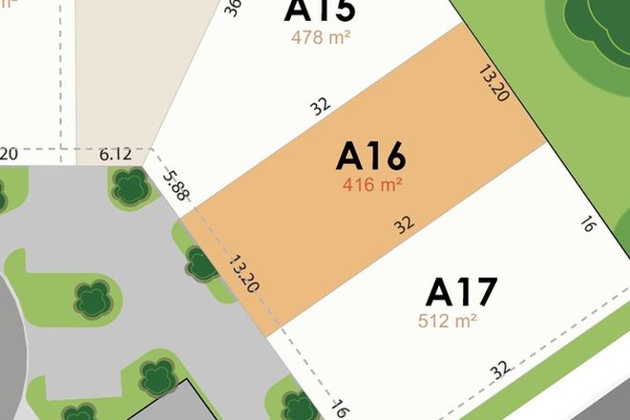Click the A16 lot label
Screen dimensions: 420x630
pyautogui.click(x=371, y=156)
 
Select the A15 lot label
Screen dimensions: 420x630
pyautogui.click(x=320, y=11)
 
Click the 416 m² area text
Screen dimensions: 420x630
pyautogui.click(x=372, y=185)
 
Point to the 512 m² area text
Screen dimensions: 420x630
pyautogui.click(x=448, y=321)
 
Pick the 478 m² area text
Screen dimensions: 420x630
pyautogui.click(x=320, y=38)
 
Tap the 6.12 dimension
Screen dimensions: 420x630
pyautogui.click(x=115, y=154)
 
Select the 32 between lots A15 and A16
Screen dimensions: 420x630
pyautogui.click(x=321, y=105)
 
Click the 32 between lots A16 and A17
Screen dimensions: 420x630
pyautogui.click(x=405, y=225)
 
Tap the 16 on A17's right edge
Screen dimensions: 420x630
pyautogui.click(x=589, y=224)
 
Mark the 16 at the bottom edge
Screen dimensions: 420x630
pyautogui.click(x=339, y=408)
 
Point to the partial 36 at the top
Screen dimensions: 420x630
pyautogui.click(x=233, y=8)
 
